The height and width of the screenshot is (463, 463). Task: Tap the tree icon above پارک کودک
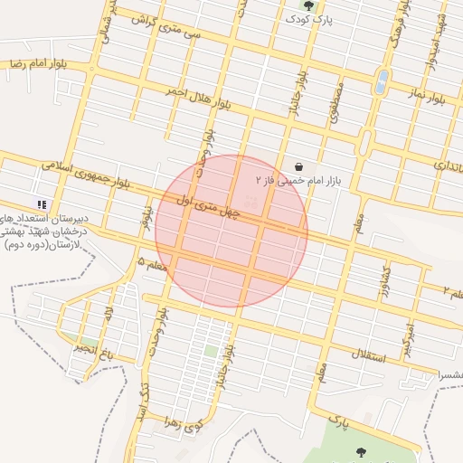[x=309, y=5]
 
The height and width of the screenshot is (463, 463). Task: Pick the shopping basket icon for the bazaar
[x=298, y=166]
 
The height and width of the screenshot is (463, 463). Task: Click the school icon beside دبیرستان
[x=42, y=204]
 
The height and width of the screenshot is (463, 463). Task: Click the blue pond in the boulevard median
[x=383, y=81]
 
